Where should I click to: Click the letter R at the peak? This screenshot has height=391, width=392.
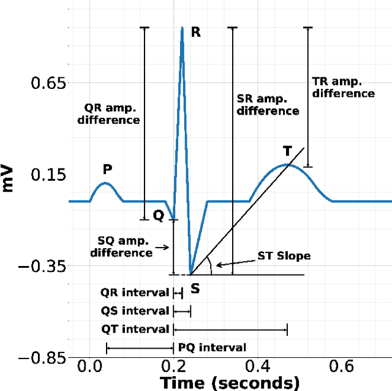[x=196, y=32]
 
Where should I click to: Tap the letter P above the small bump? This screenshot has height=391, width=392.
[x=107, y=169]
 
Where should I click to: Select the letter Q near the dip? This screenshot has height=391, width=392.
[x=159, y=216]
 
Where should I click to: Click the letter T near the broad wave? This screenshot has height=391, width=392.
[x=287, y=151]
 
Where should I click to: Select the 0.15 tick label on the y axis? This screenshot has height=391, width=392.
[x=48, y=175]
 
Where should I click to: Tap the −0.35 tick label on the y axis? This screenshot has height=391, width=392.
[x=42, y=267]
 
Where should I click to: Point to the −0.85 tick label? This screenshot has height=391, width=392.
[x=42, y=358]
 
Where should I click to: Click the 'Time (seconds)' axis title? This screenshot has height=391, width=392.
[x=230, y=383]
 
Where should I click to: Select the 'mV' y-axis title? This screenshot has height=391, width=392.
[x=9, y=177]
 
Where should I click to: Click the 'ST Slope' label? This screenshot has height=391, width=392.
[x=284, y=256]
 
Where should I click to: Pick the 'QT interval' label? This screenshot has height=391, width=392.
[x=135, y=329]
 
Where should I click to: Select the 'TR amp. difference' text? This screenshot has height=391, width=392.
[x=343, y=87]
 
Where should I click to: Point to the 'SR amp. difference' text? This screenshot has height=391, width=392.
[x=268, y=105]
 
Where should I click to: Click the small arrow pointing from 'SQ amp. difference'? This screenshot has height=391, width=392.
[x=163, y=248]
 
